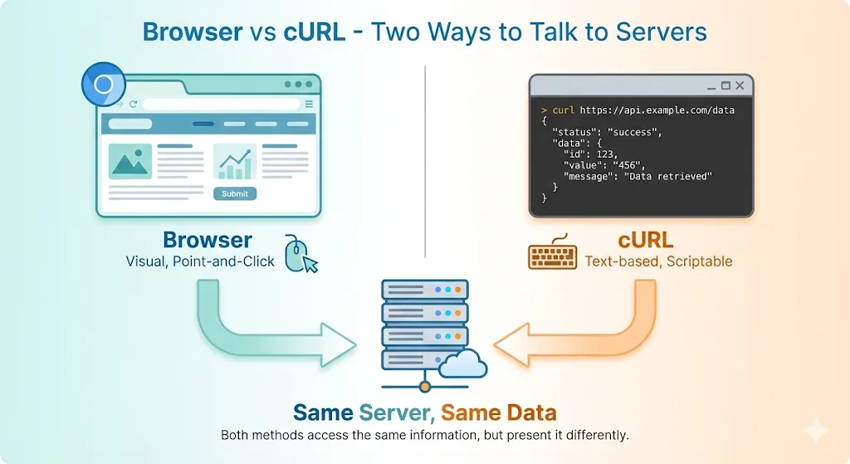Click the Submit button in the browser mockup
[235, 193]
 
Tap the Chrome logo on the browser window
[104, 85]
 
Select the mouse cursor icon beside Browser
[301, 254]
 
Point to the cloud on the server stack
[463, 363]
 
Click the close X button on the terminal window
[740, 85]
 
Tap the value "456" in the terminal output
[628, 165]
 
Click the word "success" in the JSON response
[635, 132]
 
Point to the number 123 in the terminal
[605, 154]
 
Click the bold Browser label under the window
[208, 240]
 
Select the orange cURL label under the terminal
[645, 241]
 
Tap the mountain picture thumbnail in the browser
[130, 162]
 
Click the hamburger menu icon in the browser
[309, 104]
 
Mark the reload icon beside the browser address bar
[133, 104]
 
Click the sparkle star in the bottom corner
[815, 431]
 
